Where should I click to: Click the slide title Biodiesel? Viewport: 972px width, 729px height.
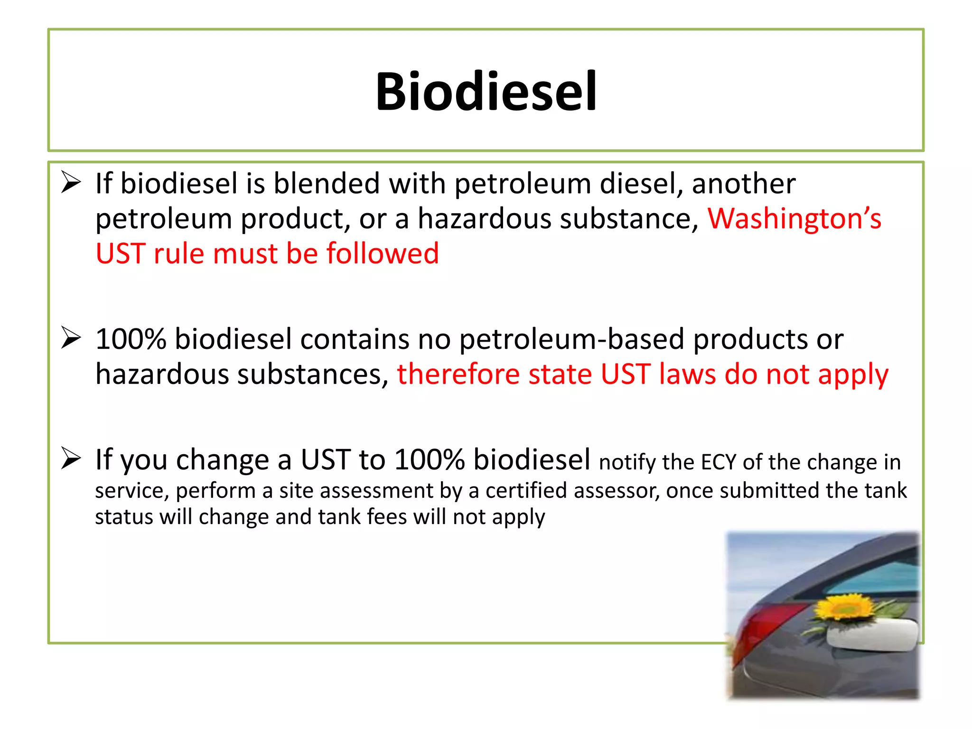point(486,91)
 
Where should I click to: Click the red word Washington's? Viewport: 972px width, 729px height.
point(794,219)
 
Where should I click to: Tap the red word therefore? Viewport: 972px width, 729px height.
point(458,374)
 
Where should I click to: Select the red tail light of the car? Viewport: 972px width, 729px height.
point(759,631)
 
